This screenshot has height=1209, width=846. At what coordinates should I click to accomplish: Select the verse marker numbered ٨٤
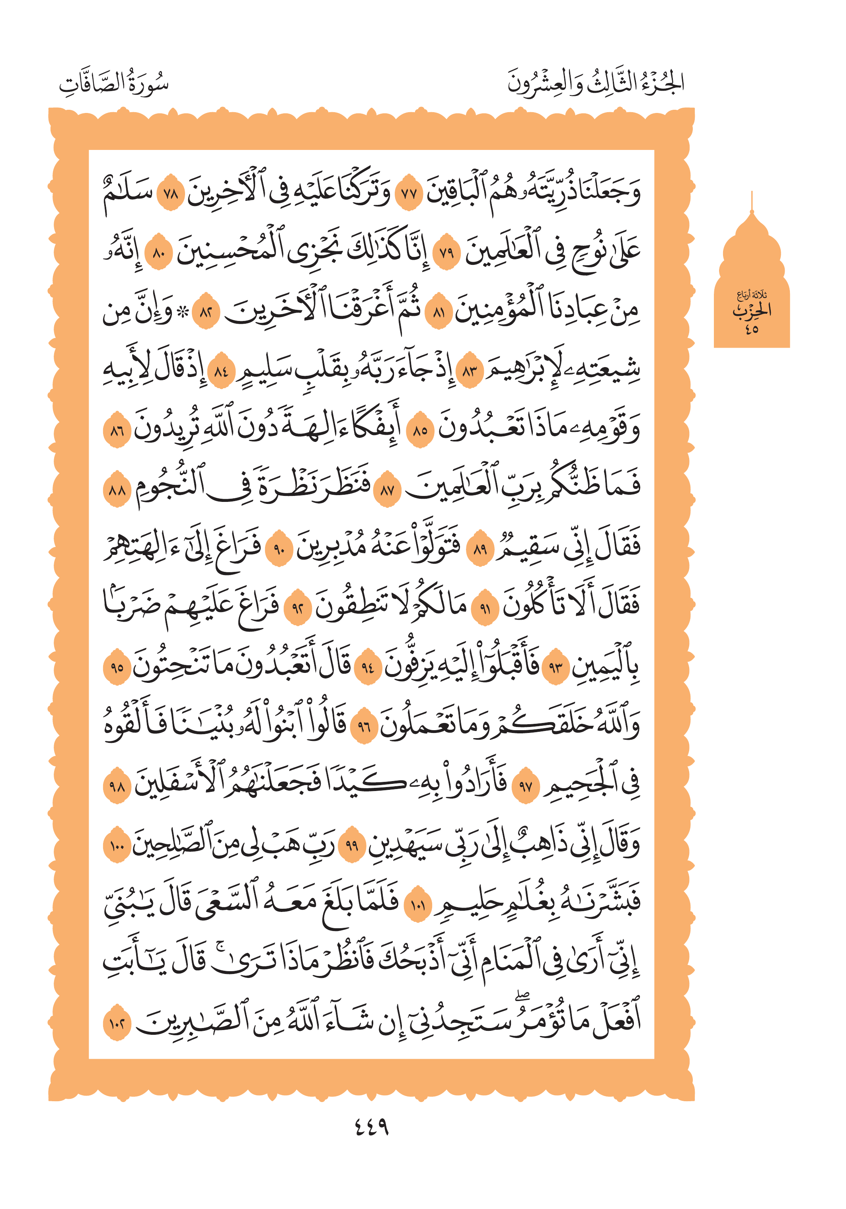pos(221,373)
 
